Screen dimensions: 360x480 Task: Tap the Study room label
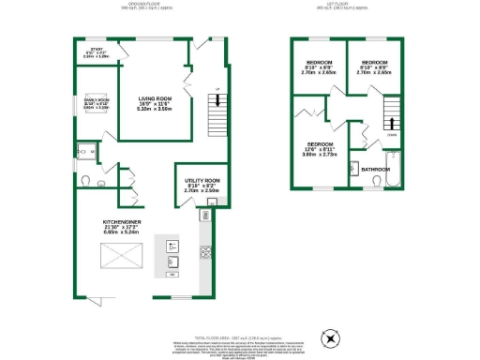point(97,53)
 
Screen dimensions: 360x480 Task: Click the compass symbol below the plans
point(328,338)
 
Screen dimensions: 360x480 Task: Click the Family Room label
point(97,102)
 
